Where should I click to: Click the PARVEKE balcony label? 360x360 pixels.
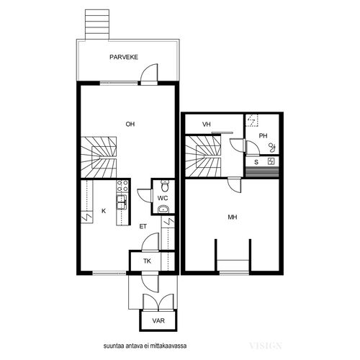pos(124,57)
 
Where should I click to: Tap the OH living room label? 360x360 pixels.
pos(130,124)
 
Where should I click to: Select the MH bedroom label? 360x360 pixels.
pos(233,217)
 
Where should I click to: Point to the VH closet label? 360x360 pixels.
pos(207,125)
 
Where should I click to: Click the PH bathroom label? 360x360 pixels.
pos(263,136)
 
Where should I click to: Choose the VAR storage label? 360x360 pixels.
pos(158,320)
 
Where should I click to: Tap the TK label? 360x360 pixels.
pos(147,261)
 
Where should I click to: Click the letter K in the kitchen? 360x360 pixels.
pos(104,211)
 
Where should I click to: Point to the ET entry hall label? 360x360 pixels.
pos(143,226)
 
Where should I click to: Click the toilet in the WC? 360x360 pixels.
pos(165,186)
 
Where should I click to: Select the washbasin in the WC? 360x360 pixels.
pos(163,210)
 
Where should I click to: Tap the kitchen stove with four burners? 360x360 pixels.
pos(122,186)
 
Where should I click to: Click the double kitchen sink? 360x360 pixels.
pos(122,202)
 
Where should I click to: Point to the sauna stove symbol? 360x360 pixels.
pos(271,161)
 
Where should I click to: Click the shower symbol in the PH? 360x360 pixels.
pos(273,148)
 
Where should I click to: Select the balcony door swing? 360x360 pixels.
pos(149,73)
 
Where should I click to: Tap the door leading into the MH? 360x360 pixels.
pos(234,185)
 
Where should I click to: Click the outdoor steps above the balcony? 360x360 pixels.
pos(97,24)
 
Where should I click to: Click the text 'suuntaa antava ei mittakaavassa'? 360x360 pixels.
pos(145,346)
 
